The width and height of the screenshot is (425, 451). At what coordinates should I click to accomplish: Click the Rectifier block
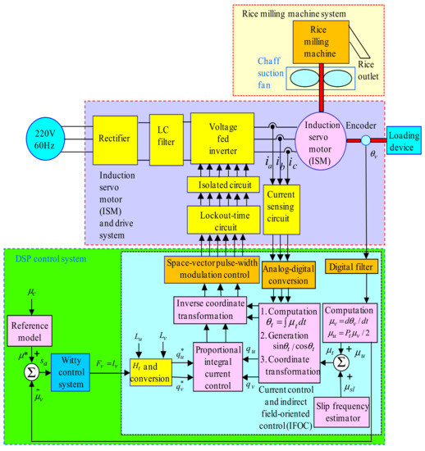point(117,137)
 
